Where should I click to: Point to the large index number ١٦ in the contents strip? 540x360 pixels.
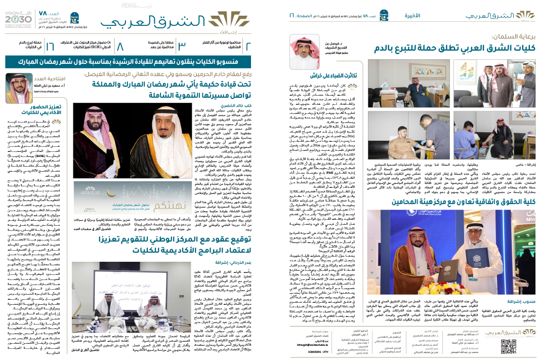click(x=50, y=46)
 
